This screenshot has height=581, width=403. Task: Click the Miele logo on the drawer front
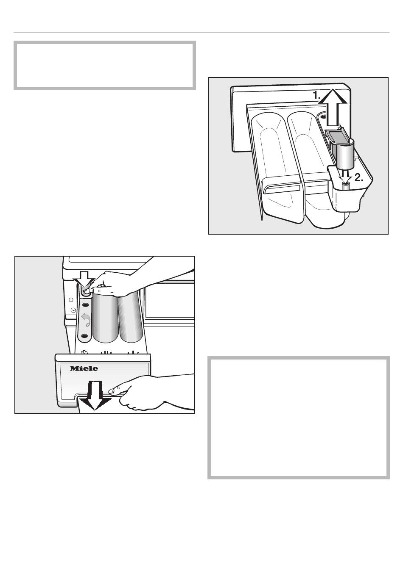click(x=84, y=368)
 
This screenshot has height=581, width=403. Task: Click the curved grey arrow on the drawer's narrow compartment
click(x=86, y=320)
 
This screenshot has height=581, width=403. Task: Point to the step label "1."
click(x=316, y=95)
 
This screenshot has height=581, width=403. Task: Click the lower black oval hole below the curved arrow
click(x=84, y=336)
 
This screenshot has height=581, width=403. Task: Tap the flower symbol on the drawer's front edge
click(x=84, y=352)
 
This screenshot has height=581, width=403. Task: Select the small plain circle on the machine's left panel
click(x=71, y=300)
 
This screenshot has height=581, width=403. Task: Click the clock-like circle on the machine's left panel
click(x=73, y=310)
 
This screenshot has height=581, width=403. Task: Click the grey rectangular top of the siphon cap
click(x=337, y=136)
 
